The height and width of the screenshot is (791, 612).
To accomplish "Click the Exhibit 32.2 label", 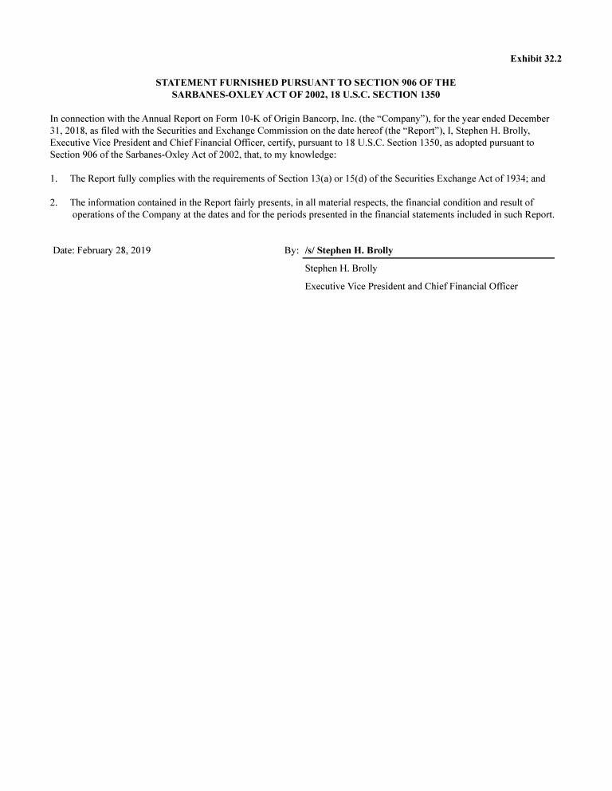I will (535, 58).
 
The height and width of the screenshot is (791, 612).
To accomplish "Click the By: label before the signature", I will (291, 250).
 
